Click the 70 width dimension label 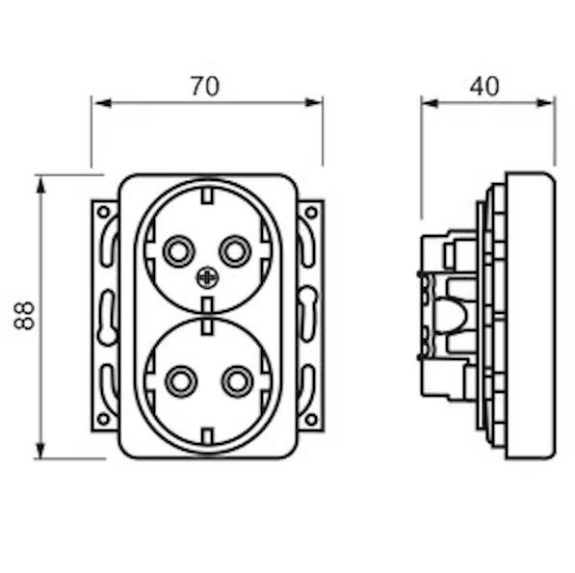pyautogui.click(x=205, y=87)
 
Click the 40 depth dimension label pyautogui.click(x=484, y=87)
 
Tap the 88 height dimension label pyautogui.click(x=25, y=316)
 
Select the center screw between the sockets pyautogui.click(x=207, y=277)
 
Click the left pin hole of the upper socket pyautogui.click(x=179, y=251)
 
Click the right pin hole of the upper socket pyautogui.click(x=235, y=251)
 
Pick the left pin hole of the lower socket pyautogui.click(x=181, y=381)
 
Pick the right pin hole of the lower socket pyautogui.click(x=237, y=381)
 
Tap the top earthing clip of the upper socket pyautogui.click(x=207, y=195)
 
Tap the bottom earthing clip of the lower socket pyautogui.click(x=207, y=436)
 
